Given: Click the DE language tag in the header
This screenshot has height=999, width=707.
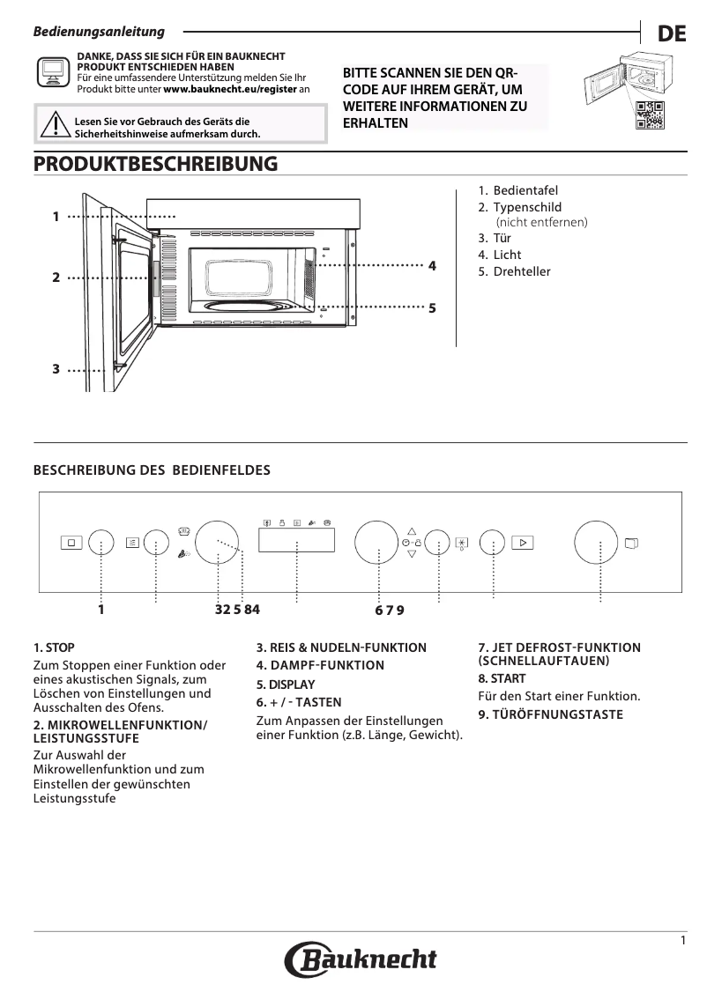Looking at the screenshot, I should point(671,34).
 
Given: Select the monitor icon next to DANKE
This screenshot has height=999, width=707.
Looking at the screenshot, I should point(52,73).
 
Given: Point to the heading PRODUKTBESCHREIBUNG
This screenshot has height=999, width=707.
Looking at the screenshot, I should point(155,165).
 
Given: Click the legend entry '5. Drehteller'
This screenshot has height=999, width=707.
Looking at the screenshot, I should point(514,271).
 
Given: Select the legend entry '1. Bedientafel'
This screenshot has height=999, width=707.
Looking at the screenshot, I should point(517,190).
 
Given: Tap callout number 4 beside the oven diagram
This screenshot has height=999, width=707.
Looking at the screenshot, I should point(432,264).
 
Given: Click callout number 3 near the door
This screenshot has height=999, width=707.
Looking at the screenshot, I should point(56,370).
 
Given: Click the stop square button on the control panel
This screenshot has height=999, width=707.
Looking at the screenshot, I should point(71,543).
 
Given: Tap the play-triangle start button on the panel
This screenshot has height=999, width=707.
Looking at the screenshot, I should point(523,543).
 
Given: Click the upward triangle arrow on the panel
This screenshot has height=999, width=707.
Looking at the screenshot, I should point(410,531).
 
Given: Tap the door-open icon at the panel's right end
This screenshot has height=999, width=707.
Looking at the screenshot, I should point(630,543).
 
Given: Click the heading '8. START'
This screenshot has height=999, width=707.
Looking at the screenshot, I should point(502,679).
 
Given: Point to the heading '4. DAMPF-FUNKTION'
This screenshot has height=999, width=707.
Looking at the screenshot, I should point(320,665).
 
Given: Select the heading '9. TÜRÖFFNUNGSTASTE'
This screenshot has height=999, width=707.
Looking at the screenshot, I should point(550,714).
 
